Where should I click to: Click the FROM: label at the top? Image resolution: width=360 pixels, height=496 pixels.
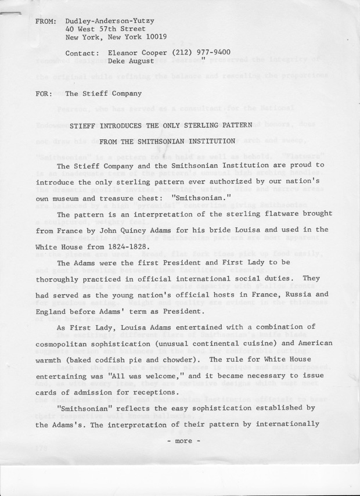(x=45, y=20)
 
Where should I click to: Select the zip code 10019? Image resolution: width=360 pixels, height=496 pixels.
(x=155, y=37)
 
